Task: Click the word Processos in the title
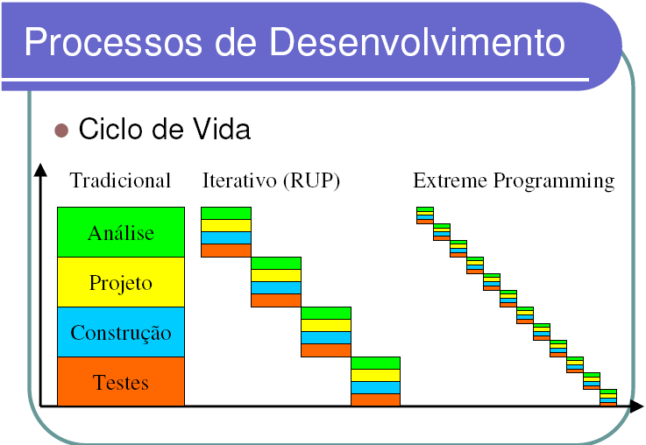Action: tap(113, 42)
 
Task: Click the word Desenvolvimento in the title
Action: tap(417, 41)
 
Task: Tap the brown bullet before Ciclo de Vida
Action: tap(61, 130)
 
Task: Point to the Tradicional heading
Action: tap(120, 180)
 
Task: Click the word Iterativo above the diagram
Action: tap(239, 180)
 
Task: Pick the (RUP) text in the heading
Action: tap(311, 180)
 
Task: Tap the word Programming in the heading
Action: tap(554, 181)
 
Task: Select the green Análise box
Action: tap(121, 232)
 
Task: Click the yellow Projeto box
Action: tap(121, 282)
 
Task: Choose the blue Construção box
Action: tap(121, 332)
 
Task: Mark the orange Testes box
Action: tap(121, 382)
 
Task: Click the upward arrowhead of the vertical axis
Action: tap(40, 170)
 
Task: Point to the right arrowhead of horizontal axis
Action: tap(636, 406)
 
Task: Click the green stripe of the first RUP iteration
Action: tap(226, 213)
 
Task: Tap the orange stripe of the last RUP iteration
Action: tap(375, 400)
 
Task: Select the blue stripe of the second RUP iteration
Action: tap(276, 288)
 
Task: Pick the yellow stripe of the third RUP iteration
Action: tap(326, 326)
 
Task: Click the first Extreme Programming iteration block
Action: tap(425, 215)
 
